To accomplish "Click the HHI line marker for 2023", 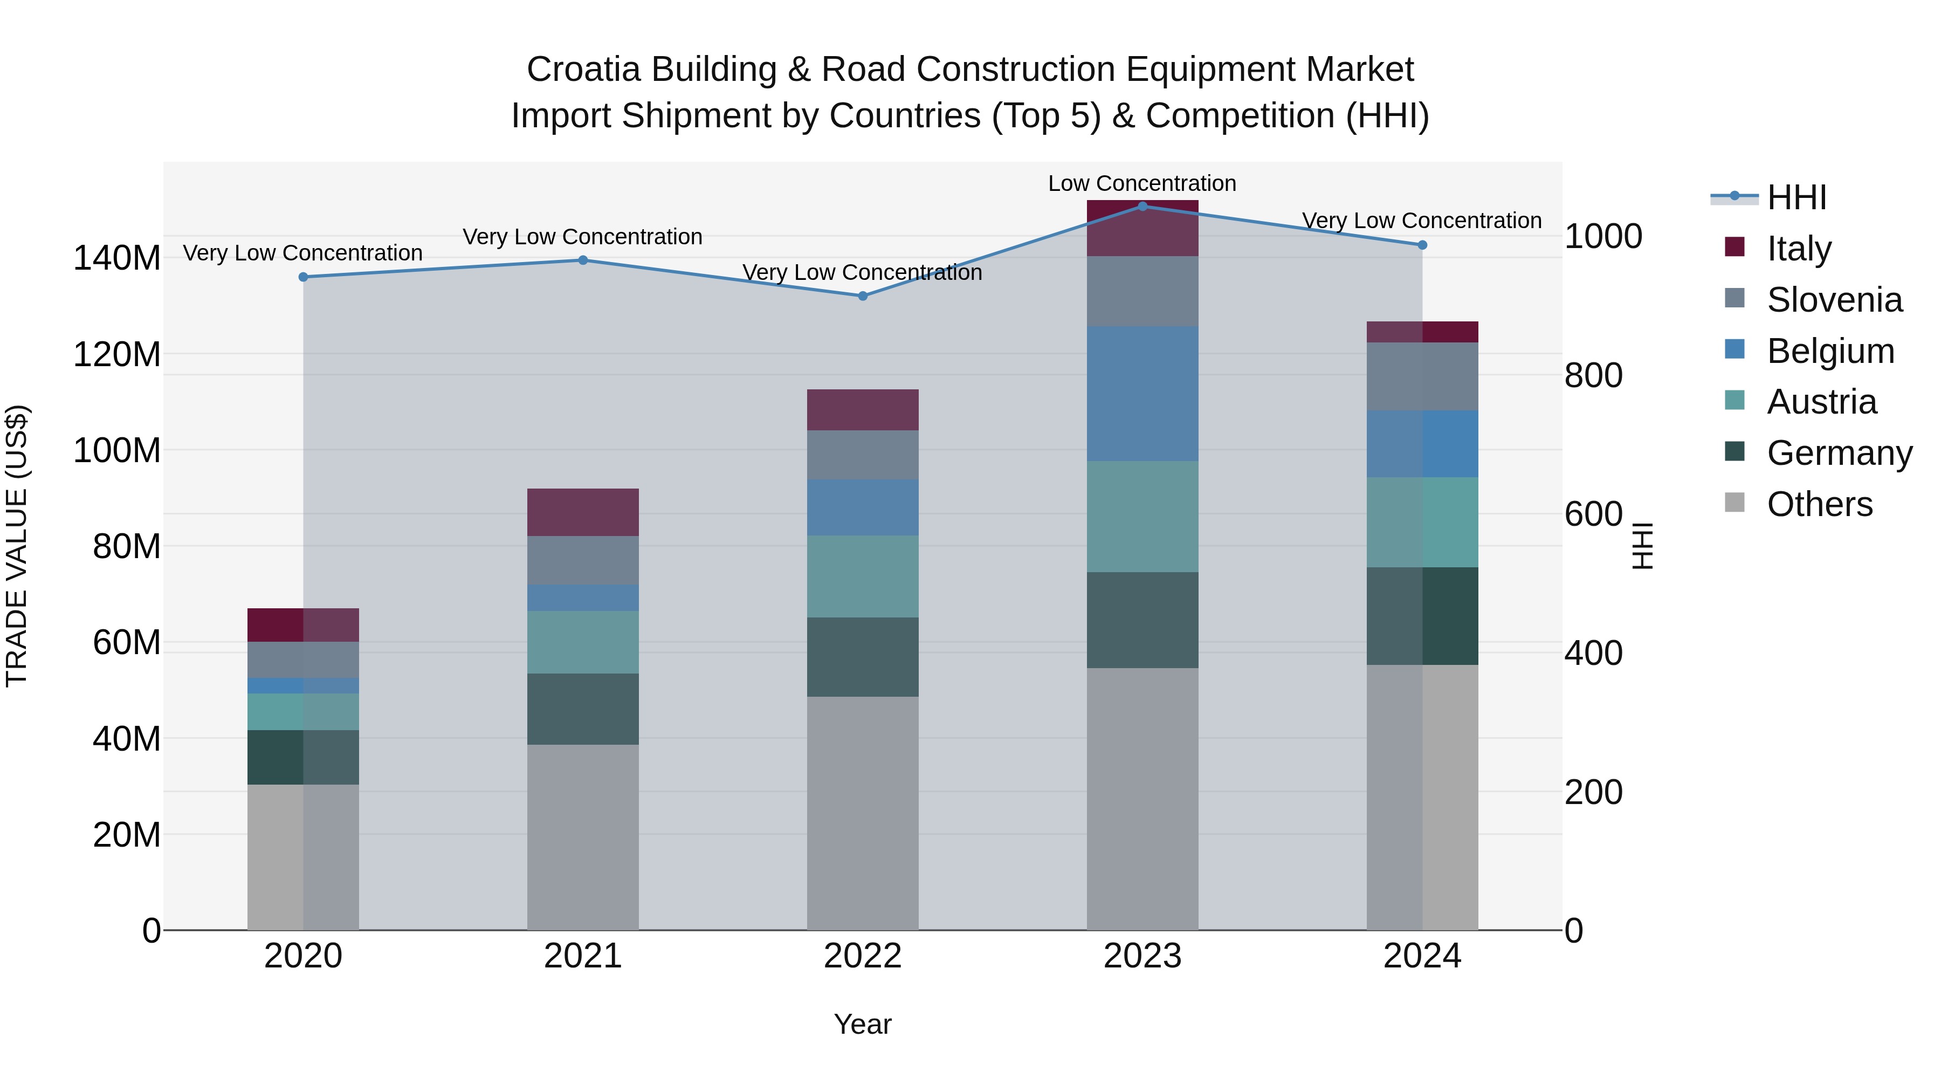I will [1142, 206].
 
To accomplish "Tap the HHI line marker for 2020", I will [304, 277].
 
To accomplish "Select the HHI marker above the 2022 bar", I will [863, 296].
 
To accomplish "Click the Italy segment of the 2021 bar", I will [582, 512].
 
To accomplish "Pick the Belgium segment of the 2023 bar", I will [1142, 394].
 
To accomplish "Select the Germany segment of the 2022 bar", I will [863, 657].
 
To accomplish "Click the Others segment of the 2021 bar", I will [582, 836].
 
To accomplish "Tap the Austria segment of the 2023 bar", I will [1142, 517].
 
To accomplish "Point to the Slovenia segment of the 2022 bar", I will [863, 455].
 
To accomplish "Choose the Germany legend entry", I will [1839, 453].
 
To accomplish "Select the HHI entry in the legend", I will [1797, 197].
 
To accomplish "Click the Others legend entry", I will [1819, 504].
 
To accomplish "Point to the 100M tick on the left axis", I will [117, 451].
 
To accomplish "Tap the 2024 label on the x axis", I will [1422, 956].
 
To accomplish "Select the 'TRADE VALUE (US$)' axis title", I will [17, 546].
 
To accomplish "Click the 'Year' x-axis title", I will [863, 1024].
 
